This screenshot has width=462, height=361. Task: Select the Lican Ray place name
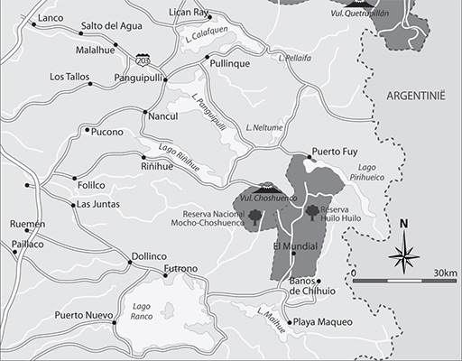189,13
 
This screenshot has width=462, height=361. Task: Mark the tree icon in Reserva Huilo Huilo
313,212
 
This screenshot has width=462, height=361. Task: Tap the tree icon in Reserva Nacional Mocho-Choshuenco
255,216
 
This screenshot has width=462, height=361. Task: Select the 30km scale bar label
445,273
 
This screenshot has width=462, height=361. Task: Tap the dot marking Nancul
145,112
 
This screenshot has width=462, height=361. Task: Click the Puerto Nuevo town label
80,315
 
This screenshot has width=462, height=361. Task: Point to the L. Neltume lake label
263,128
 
